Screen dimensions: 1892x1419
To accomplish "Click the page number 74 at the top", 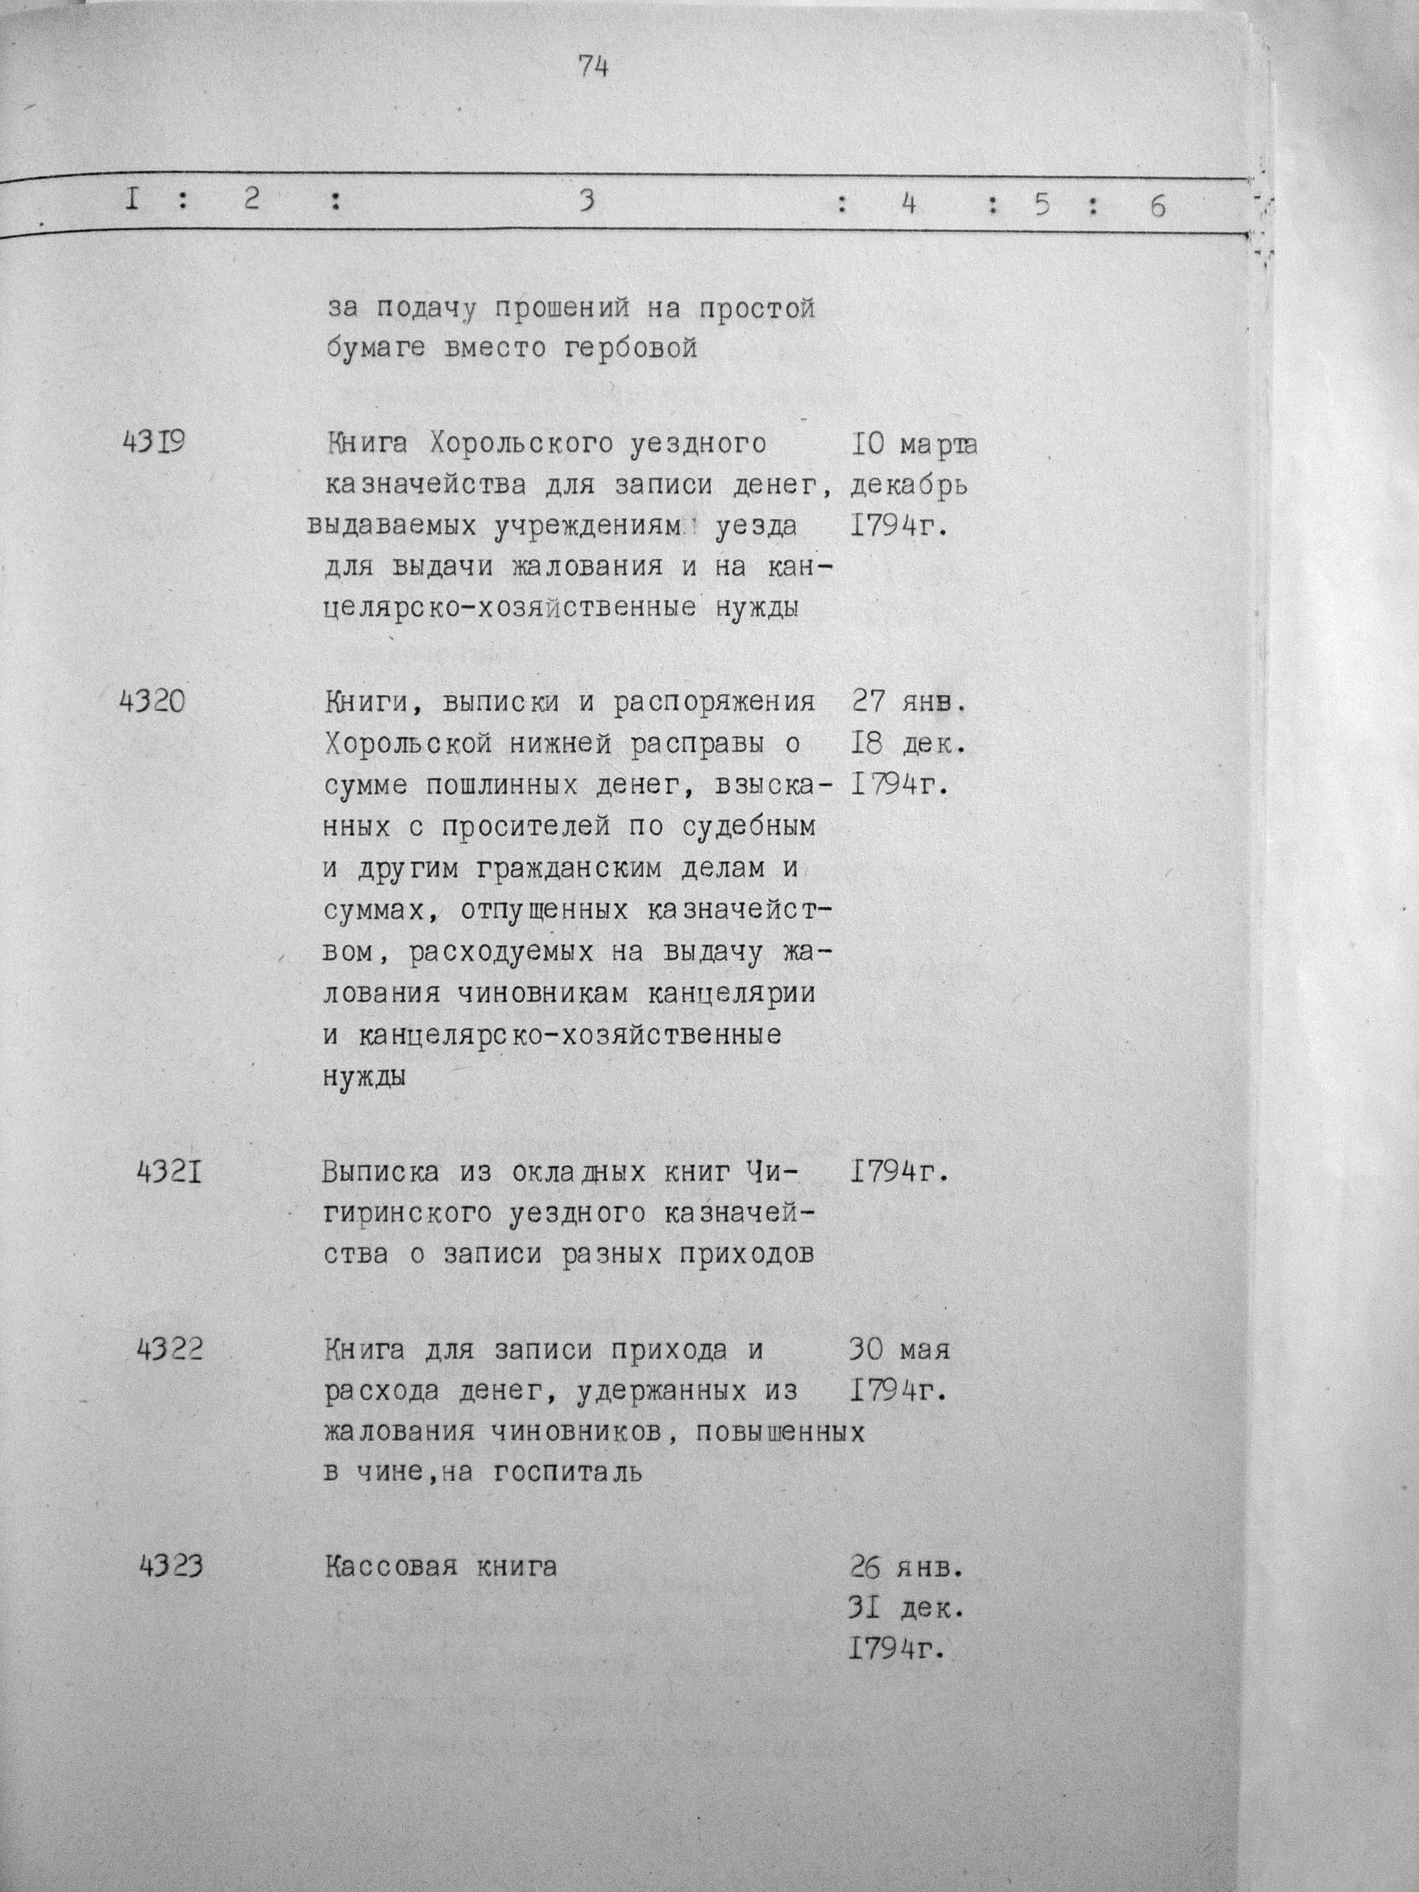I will pyautogui.click(x=592, y=66).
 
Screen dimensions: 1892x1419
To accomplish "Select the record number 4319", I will pyautogui.click(x=153, y=443).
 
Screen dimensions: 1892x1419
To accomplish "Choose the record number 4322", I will pyautogui.click(x=170, y=1350).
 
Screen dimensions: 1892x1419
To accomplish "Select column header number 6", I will pyautogui.click(x=1157, y=206).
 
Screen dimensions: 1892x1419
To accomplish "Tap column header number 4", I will pyautogui.click(x=908, y=205).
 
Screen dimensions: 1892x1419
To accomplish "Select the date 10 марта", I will pyautogui.click(x=915, y=445).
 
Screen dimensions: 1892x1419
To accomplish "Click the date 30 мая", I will pyautogui.click(x=899, y=1350).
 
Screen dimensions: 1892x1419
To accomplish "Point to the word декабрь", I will pyautogui.click(x=910, y=487).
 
